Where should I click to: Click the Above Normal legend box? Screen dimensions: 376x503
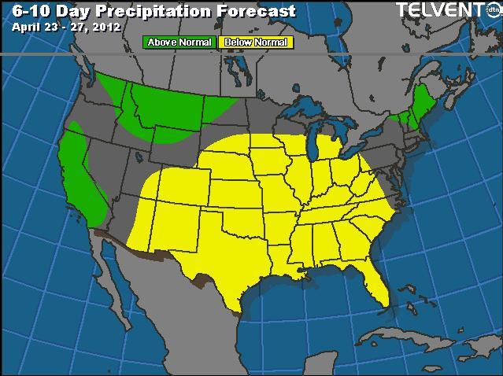tap(179, 42)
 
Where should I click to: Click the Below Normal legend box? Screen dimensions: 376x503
tap(255, 42)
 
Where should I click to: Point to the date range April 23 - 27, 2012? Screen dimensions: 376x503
tap(66, 26)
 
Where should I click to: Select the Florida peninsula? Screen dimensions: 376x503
tap(375, 283)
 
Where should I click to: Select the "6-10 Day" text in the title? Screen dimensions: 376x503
tap(44, 11)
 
